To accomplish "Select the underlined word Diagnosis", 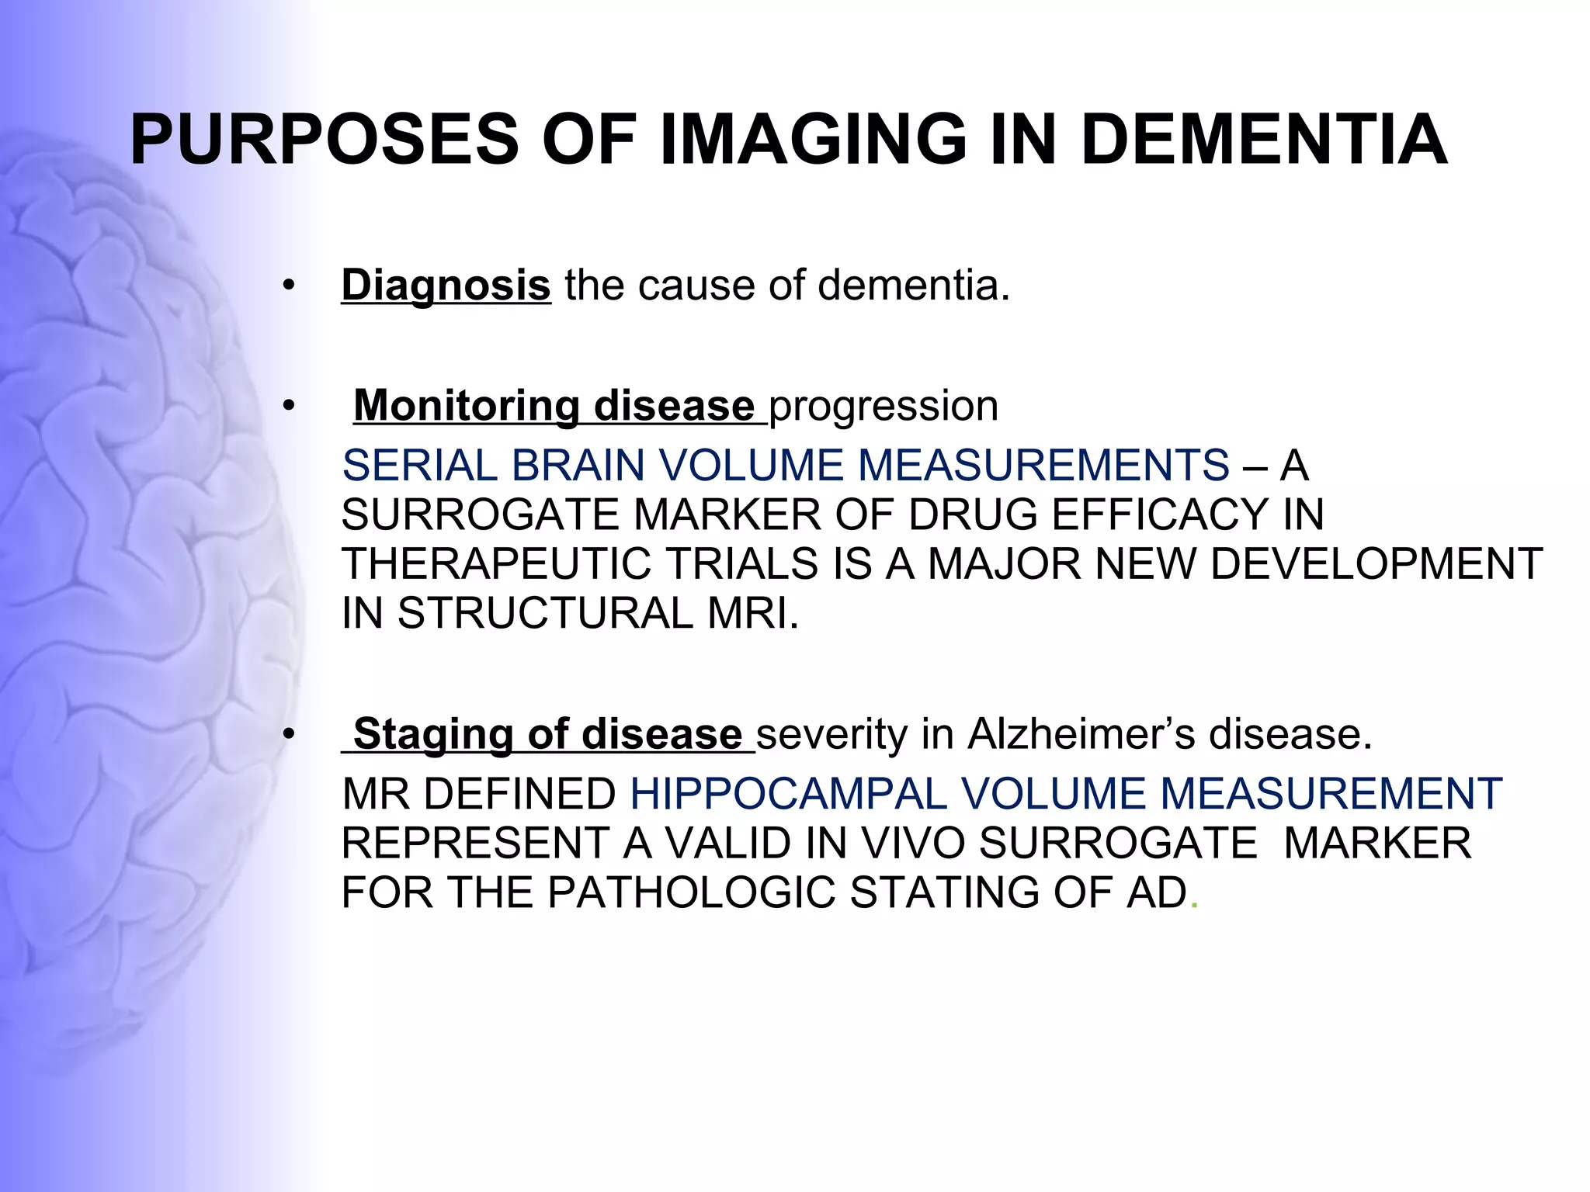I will click(x=446, y=285).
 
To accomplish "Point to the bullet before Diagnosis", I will click(x=289, y=286).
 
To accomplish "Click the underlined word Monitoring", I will click(x=467, y=406).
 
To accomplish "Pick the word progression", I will click(x=884, y=406).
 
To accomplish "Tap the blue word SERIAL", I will click(x=419, y=466).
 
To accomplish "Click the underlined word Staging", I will click(x=433, y=734).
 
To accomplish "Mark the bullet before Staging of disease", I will click(x=289, y=734).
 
